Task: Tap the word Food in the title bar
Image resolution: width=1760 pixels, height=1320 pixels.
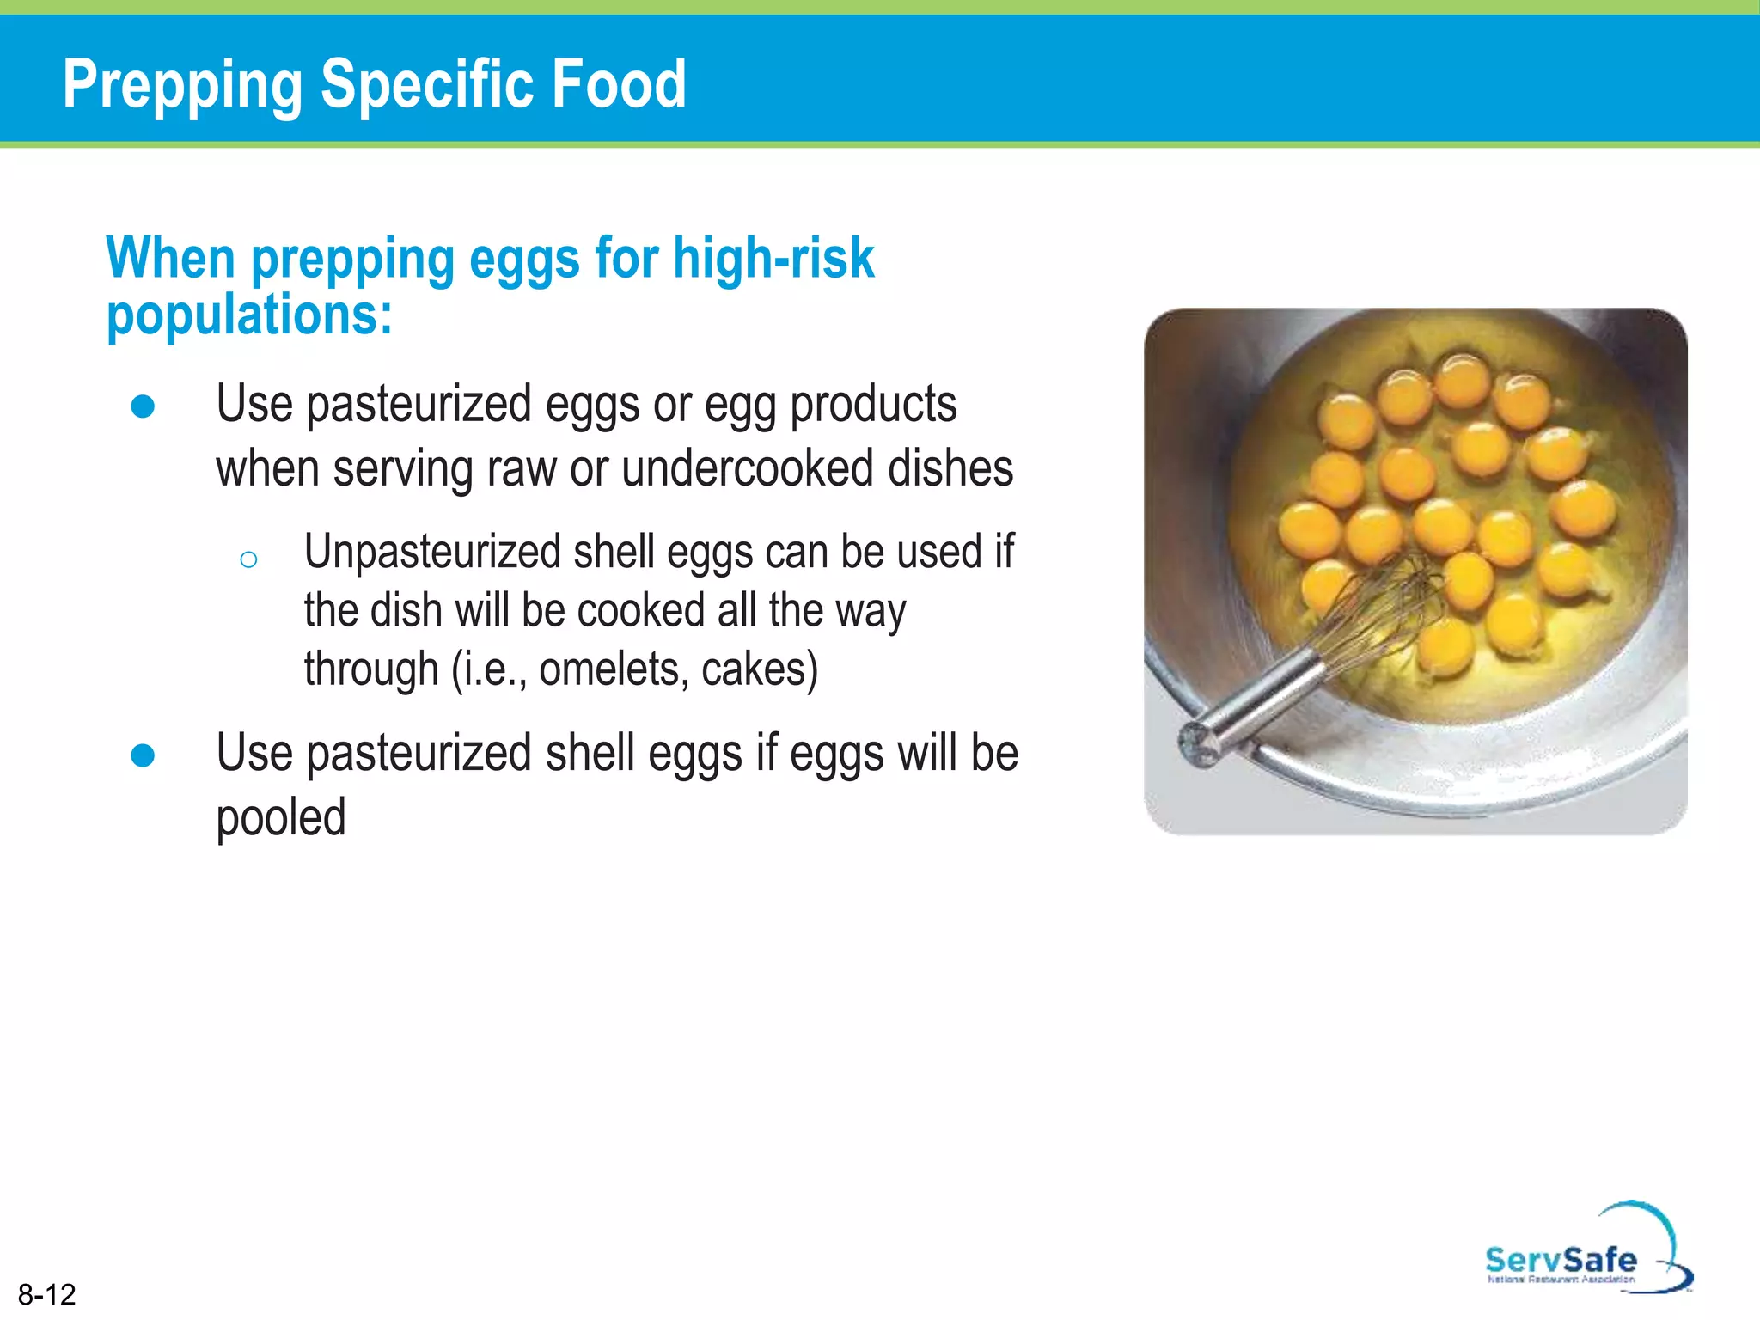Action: pyautogui.click(x=619, y=84)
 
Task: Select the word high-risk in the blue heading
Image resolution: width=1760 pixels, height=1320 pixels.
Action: pyautogui.click(x=773, y=258)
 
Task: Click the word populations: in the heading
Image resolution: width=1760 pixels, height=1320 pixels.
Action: pyautogui.click(x=249, y=316)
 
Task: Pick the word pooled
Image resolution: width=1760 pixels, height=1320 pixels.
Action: pyautogui.click(x=281, y=817)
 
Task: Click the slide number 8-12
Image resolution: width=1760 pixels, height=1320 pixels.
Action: pyautogui.click(x=47, y=1294)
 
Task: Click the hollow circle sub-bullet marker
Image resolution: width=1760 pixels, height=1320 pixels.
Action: pyautogui.click(x=248, y=560)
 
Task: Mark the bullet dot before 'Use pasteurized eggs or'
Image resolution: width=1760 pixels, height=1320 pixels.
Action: pyautogui.click(x=143, y=406)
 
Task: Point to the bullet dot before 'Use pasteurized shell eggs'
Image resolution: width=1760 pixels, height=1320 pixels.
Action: pyautogui.click(x=143, y=755)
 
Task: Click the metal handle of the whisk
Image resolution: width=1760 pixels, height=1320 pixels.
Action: pyautogui.click(x=1255, y=705)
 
